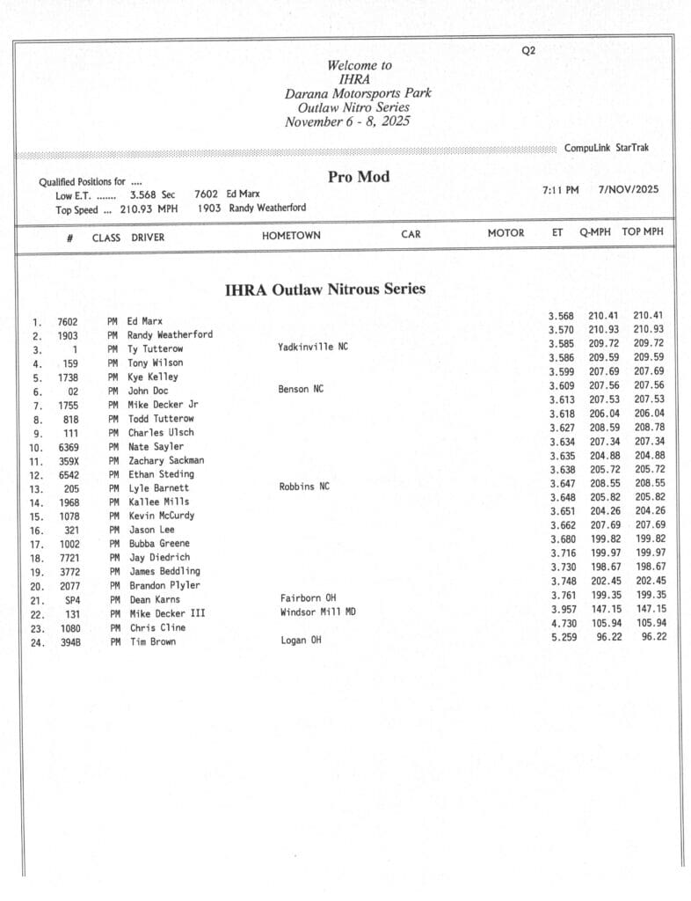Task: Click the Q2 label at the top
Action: pyautogui.click(x=528, y=51)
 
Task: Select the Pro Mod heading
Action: pyautogui.click(x=359, y=177)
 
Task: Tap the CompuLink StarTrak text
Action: pyautogui.click(x=607, y=148)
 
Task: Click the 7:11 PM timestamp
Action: pyautogui.click(x=561, y=189)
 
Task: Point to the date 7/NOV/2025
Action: pyautogui.click(x=629, y=189)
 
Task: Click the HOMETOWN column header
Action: pyautogui.click(x=291, y=236)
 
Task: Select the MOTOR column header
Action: pyautogui.click(x=506, y=233)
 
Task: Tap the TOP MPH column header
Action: pyautogui.click(x=643, y=232)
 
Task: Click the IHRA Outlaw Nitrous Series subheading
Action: pyautogui.click(x=325, y=289)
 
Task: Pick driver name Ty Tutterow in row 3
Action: pyautogui.click(x=156, y=349)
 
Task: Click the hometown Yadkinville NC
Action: pyautogui.click(x=313, y=347)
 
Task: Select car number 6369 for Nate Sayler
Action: pyautogui.click(x=68, y=447)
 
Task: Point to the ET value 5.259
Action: pyautogui.click(x=563, y=636)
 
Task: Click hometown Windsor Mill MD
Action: pyautogui.click(x=318, y=612)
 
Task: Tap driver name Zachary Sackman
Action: pyautogui.click(x=165, y=460)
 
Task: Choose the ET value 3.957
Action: pyautogui.click(x=563, y=609)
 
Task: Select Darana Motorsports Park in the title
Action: pyautogui.click(x=358, y=93)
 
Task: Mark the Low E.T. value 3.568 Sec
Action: pyautogui.click(x=152, y=194)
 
